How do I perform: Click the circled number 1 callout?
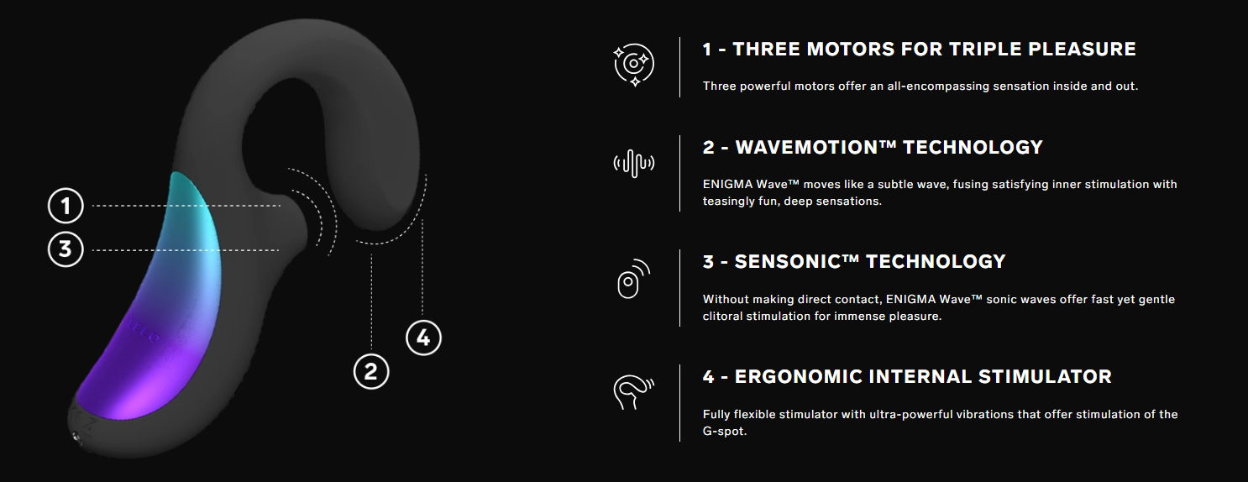66,206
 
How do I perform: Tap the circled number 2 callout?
371,371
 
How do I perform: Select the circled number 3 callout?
66,249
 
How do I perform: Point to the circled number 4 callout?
423,338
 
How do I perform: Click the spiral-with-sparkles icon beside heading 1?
634,65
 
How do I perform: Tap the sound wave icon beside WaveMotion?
634,163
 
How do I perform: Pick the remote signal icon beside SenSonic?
633,279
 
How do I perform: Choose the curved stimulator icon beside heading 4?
633,392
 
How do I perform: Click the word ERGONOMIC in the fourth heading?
799,377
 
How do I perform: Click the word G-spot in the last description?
723,432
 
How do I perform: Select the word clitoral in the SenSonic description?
722,316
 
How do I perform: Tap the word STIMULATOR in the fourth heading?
1046,377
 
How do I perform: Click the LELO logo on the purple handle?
143,331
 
